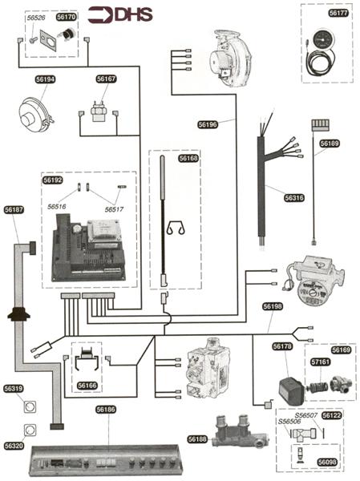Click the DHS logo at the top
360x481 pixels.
tap(120, 15)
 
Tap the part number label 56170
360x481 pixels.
tap(67, 17)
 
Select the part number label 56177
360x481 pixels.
tap(338, 13)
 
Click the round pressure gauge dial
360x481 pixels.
tap(322, 41)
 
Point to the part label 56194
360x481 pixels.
tap(45, 79)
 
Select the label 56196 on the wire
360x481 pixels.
tap(208, 124)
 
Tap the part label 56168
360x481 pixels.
tap(188, 158)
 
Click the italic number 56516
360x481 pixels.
tap(57, 207)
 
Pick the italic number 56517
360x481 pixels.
tap(114, 209)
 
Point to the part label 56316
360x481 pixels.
tap(294, 198)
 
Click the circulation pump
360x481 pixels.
tap(314, 281)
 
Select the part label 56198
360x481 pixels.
tap(273, 306)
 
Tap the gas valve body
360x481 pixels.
tap(208, 369)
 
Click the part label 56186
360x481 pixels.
tap(106, 410)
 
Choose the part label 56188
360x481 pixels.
tap(197, 439)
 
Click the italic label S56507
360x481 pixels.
tap(306, 415)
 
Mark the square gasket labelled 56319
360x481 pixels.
tap(30, 406)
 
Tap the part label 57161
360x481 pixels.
tap(321, 362)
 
